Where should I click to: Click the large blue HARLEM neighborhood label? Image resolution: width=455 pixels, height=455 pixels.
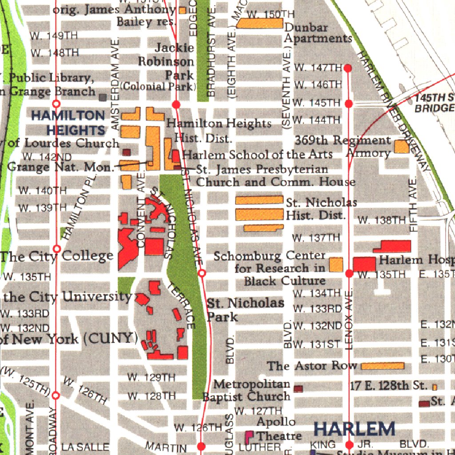(354, 429)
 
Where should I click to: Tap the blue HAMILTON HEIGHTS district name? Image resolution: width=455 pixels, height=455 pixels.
(68, 123)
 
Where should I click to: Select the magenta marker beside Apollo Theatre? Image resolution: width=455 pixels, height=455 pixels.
(249, 435)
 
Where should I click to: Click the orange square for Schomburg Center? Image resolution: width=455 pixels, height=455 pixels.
(336, 265)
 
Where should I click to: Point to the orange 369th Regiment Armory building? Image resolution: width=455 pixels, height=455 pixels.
(401, 147)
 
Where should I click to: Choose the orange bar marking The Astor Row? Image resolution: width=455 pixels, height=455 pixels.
(382, 366)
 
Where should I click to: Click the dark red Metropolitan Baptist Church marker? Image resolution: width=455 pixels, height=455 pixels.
(298, 389)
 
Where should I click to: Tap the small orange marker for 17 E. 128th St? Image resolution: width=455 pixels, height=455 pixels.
(435, 387)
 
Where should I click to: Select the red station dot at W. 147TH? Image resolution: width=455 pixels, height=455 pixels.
(348, 68)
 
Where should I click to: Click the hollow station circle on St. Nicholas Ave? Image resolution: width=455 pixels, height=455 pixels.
(202, 273)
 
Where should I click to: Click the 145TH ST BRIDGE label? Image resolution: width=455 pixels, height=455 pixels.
(435, 103)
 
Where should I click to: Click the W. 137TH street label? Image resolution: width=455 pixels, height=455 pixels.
(316, 238)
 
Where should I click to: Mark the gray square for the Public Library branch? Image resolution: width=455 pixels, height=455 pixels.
(103, 97)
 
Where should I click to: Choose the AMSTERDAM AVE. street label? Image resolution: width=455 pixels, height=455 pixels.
(115, 84)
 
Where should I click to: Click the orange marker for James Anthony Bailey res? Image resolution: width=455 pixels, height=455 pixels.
(182, 10)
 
